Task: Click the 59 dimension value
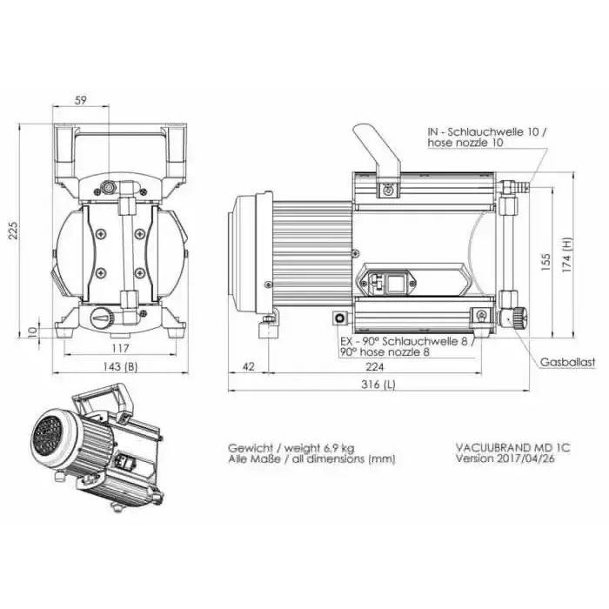[80, 100]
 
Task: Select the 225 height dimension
[13, 231]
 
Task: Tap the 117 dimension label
[120, 348]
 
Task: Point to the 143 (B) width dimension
[120, 366]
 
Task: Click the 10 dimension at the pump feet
[33, 331]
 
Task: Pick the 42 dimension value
[248, 366]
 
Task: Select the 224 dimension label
[374, 366]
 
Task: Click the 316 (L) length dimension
[378, 385]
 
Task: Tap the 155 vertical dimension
[545, 262]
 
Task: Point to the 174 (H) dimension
[566, 255]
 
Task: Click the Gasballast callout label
[567, 363]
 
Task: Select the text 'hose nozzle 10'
[465, 143]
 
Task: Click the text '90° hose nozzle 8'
[385, 352]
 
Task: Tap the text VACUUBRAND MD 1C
[513, 448]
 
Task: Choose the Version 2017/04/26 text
[505, 458]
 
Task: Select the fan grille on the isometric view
[48, 438]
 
